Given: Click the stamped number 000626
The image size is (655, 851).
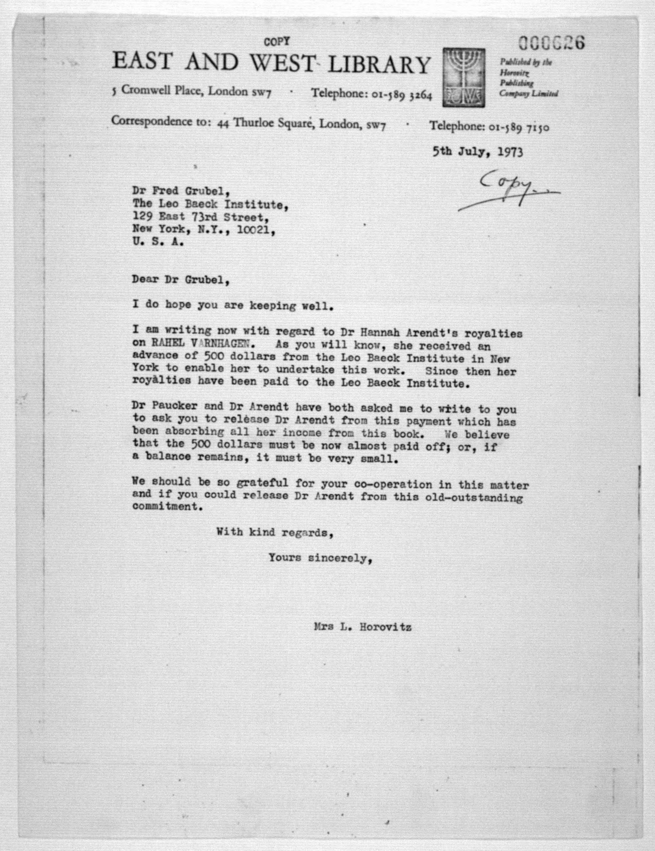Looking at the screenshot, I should pyautogui.click(x=551, y=43).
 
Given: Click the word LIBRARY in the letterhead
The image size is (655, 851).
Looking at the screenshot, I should pyautogui.click(x=379, y=64).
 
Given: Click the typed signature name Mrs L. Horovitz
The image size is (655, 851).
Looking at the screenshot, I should pyautogui.click(x=362, y=627).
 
